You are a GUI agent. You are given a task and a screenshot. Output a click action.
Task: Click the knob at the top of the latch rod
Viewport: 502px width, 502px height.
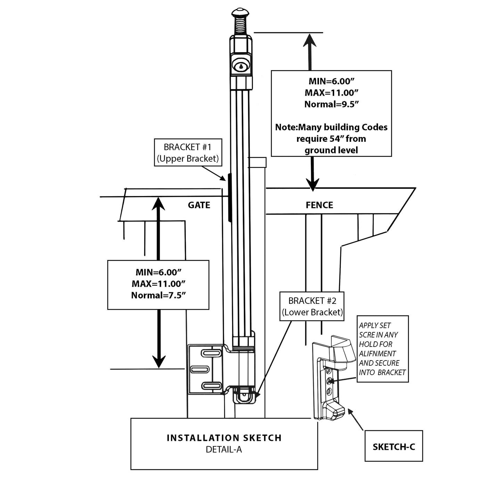pyautogui.click(x=240, y=13)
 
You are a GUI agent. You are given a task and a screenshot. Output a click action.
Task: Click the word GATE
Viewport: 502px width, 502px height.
pyautogui.click(x=199, y=205)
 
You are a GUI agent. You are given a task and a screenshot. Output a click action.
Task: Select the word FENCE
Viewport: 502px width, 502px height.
pyautogui.click(x=319, y=205)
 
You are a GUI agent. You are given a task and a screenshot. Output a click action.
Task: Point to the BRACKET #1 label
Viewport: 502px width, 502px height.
pyautogui.click(x=188, y=153)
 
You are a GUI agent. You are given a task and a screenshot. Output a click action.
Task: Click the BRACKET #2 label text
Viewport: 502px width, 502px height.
pyautogui.click(x=312, y=306)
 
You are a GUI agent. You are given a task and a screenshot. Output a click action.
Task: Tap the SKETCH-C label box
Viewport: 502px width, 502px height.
pyautogui.click(x=393, y=447)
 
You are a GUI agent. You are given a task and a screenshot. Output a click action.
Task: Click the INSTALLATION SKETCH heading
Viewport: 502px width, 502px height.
pyautogui.click(x=224, y=438)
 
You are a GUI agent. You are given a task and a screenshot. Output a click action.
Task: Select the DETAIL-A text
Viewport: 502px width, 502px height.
pyautogui.click(x=224, y=450)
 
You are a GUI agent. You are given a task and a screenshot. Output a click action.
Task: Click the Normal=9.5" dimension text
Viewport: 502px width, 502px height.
pyautogui.click(x=331, y=104)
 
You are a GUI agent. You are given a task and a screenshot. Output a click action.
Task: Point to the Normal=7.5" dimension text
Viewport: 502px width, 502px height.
pyautogui.click(x=158, y=295)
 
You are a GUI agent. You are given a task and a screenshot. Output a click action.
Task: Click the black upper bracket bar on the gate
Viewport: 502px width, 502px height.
pyautogui.click(x=230, y=198)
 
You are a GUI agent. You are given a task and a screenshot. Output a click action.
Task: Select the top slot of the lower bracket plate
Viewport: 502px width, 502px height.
pyautogui.click(x=211, y=353)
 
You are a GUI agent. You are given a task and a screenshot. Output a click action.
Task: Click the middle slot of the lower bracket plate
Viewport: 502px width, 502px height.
pyautogui.click(x=200, y=369)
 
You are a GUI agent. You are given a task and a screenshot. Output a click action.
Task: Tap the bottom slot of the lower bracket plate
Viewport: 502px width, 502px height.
pyautogui.click(x=212, y=386)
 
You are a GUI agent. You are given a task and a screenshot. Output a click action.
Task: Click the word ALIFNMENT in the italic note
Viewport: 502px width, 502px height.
pyautogui.click(x=377, y=354)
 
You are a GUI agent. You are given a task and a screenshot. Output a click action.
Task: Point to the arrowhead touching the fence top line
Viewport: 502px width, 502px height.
pyautogui.click(x=313, y=185)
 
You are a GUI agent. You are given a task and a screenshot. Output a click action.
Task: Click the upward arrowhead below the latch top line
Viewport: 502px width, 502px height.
pyautogui.click(x=310, y=40)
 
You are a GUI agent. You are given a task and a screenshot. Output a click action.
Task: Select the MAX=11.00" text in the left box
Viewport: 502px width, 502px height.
pyautogui.click(x=158, y=284)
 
